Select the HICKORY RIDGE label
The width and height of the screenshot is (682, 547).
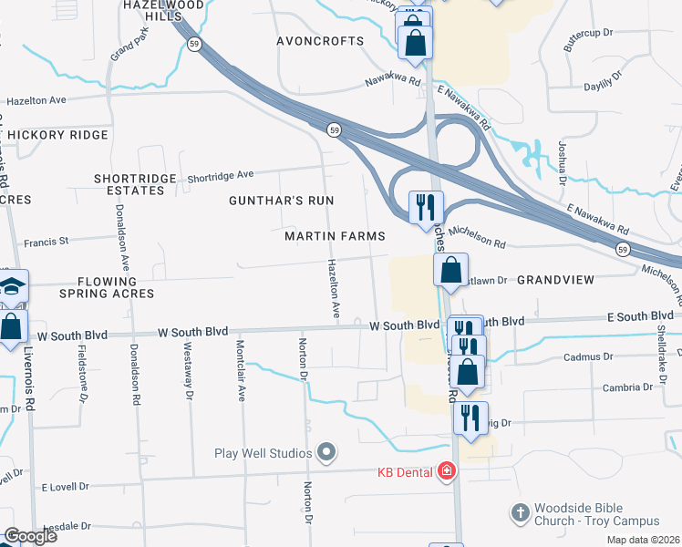click(x=58, y=135)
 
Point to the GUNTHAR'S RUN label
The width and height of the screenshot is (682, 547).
click(x=281, y=200)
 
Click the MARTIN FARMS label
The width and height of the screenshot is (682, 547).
click(x=335, y=236)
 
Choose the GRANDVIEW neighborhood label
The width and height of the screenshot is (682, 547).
click(x=555, y=279)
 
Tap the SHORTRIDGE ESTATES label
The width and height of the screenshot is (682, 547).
click(x=134, y=183)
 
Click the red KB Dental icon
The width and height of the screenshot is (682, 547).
click(x=446, y=471)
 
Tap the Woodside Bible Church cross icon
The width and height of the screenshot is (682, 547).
click(x=521, y=513)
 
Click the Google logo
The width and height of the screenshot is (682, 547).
click(x=29, y=536)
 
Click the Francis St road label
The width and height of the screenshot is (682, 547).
click(x=46, y=243)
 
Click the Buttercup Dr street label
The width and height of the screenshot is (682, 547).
click(x=580, y=34)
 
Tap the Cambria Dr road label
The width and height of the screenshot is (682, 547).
click(x=627, y=387)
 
